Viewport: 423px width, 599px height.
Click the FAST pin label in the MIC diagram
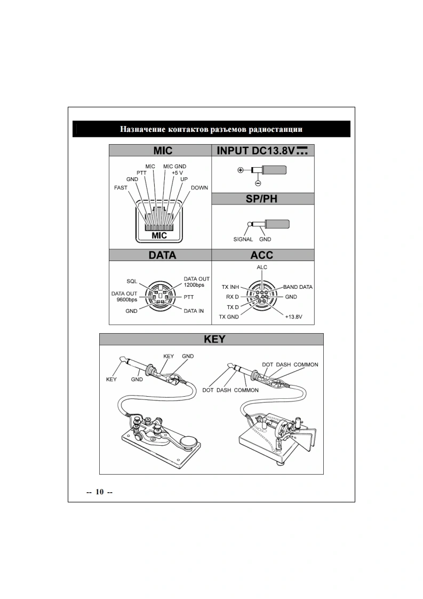click(x=121, y=188)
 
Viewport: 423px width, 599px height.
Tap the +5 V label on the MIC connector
click(x=178, y=173)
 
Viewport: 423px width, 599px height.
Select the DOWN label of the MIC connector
click(x=199, y=188)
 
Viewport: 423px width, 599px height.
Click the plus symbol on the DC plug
click(x=241, y=170)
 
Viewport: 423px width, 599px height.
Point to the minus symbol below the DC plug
click(x=258, y=183)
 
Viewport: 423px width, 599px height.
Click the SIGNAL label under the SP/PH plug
click(x=243, y=239)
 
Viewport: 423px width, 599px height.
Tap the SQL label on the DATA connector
click(x=132, y=281)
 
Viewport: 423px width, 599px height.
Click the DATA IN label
click(x=194, y=310)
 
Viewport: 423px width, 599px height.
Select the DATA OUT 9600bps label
click(x=124, y=296)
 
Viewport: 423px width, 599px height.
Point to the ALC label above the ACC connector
click(x=262, y=267)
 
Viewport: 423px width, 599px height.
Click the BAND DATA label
click(x=298, y=287)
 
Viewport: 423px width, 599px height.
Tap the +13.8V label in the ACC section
click(x=293, y=317)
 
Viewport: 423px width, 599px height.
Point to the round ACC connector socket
click(x=262, y=297)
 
